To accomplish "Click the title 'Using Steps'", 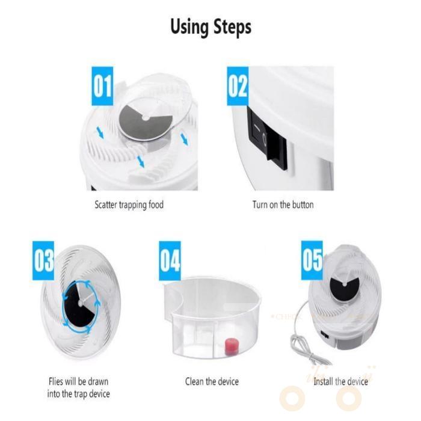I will (210, 27).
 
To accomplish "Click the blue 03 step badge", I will (44, 261).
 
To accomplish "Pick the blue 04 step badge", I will (170, 261).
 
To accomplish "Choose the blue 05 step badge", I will (312, 261).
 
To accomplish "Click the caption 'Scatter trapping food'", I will (129, 204).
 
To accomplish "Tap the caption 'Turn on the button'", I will (283, 204).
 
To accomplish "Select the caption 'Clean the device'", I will (211, 381).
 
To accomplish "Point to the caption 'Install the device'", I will (340, 381).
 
